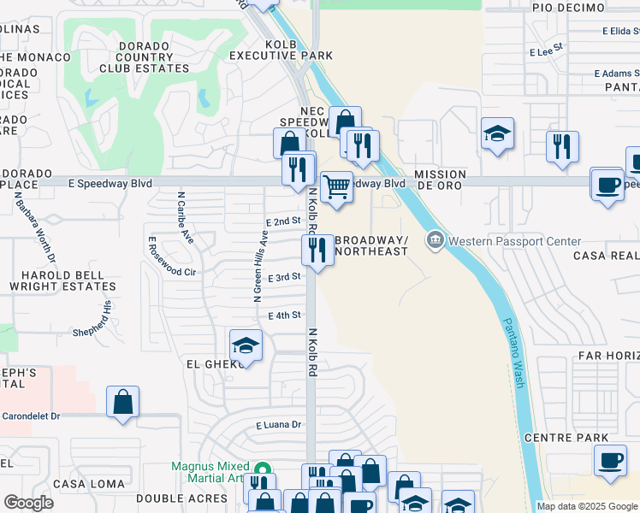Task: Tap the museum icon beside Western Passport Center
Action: pos(436,241)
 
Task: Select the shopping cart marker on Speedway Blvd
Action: pos(337,187)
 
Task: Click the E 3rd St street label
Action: pos(284,278)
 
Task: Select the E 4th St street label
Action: pos(285,315)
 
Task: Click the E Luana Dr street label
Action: pos(279,424)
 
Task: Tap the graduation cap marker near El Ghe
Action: pos(246,345)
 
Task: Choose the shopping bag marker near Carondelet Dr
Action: pos(122,402)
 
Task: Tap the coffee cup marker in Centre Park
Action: pos(609,463)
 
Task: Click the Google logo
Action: pos(28,503)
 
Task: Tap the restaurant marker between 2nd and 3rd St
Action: pos(317,251)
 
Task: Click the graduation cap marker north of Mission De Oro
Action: pos(497,134)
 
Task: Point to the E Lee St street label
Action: pos(548,51)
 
